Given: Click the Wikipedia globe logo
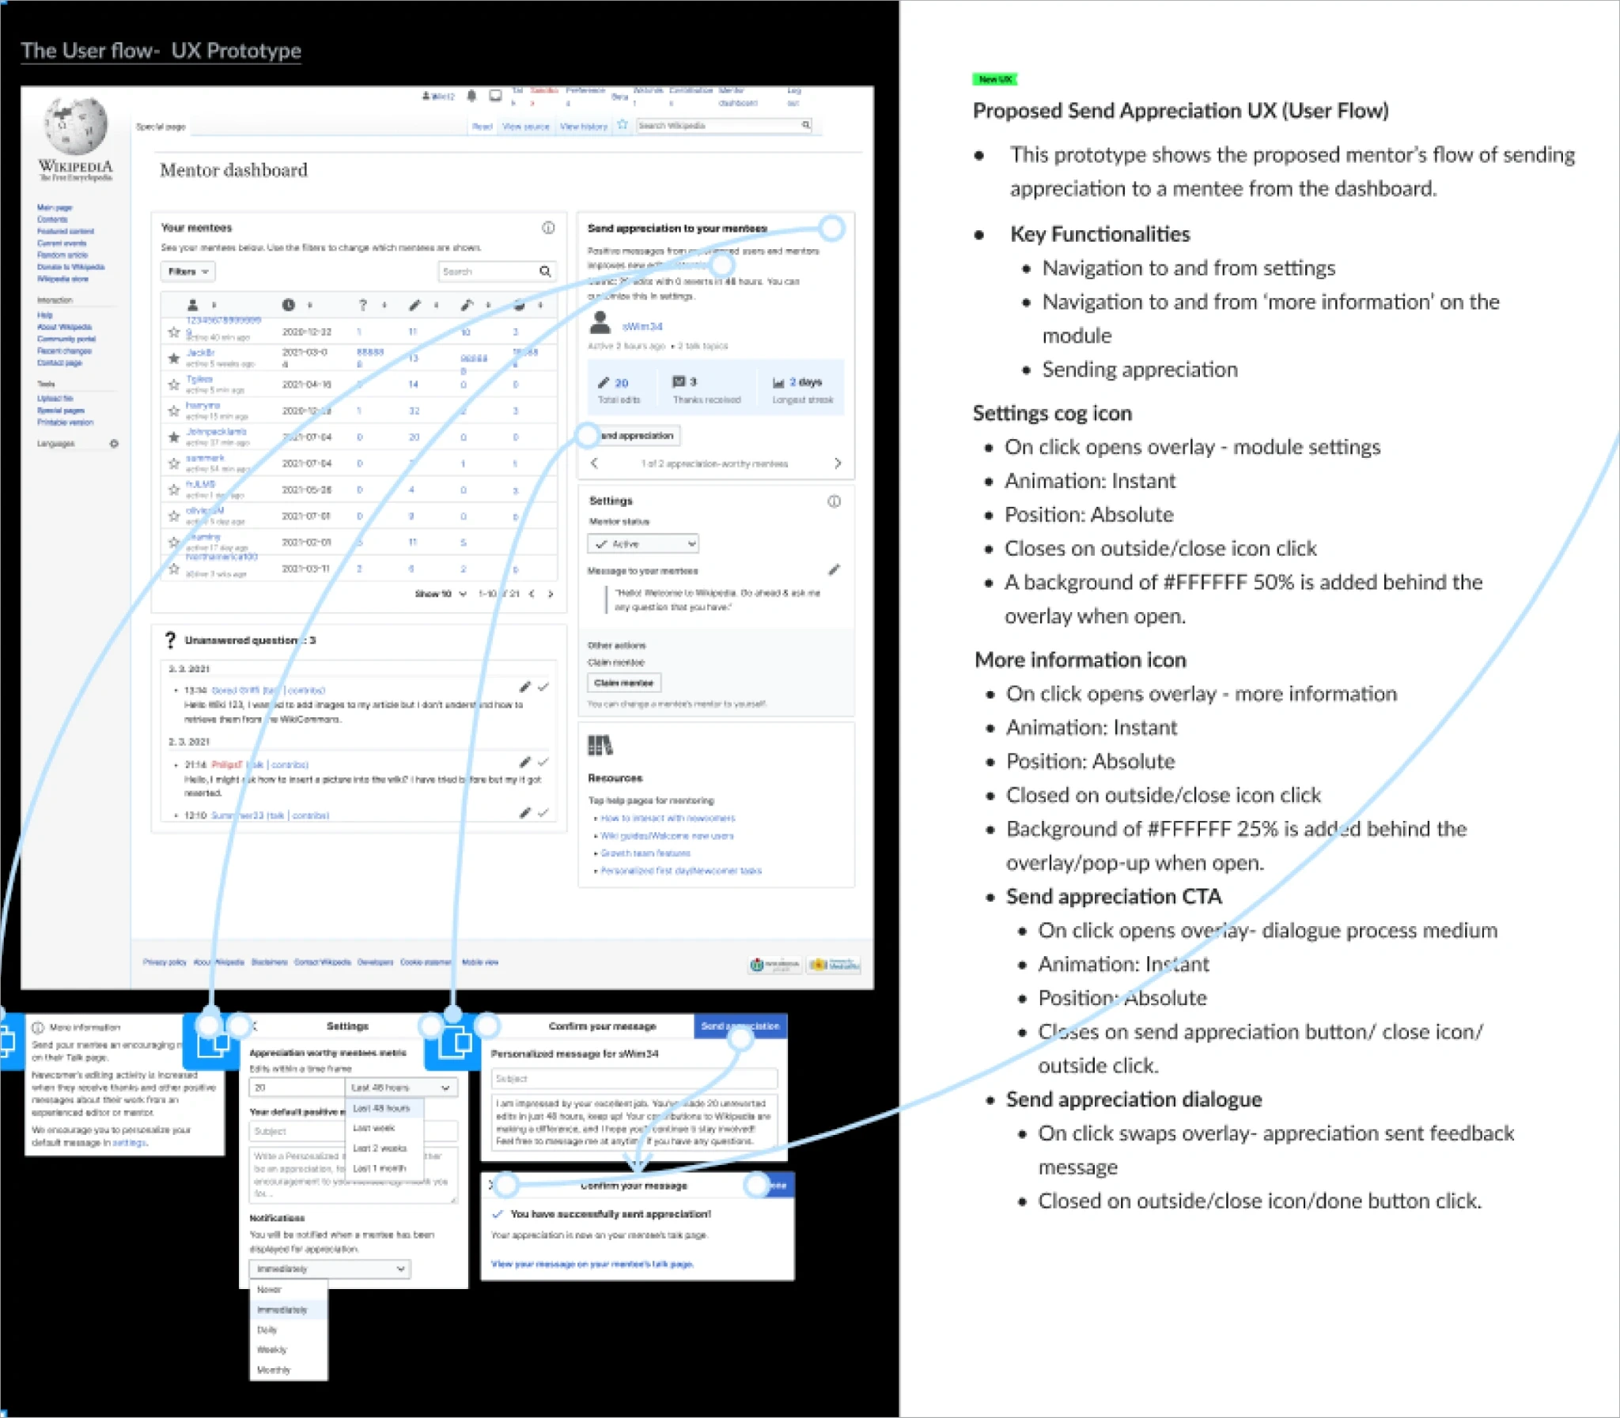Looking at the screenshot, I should click(x=75, y=125).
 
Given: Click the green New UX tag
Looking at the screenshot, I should click(x=994, y=79).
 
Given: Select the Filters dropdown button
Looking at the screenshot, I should click(x=187, y=271).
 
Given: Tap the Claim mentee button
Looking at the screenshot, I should click(x=623, y=683).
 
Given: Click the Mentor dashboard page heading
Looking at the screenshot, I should click(x=233, y=170).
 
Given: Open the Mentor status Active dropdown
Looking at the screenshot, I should click(x=642, y=543).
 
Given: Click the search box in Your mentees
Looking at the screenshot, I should click(x=488, y=271).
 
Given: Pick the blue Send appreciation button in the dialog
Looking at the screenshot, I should click(x=740, y=1027).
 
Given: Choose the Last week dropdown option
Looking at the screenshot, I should click(x=373, y=1128).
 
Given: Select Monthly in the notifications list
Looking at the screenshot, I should click(x=274, y=1370).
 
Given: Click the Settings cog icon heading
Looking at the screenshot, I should click(x=1052, y=413).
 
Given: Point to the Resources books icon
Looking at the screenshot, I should click(x=600, y=746).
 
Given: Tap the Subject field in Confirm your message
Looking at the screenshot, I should click(x=633, y=1079).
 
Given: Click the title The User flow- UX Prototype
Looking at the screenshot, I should click(x=161, y=51).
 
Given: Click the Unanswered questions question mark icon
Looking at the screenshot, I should click(x=170, y=639).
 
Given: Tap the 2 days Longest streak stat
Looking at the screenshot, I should click(x=801, y=389).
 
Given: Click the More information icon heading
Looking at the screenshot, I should click(x=1080, y=660).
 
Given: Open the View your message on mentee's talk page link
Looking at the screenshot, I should click(x=592, y=1264).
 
